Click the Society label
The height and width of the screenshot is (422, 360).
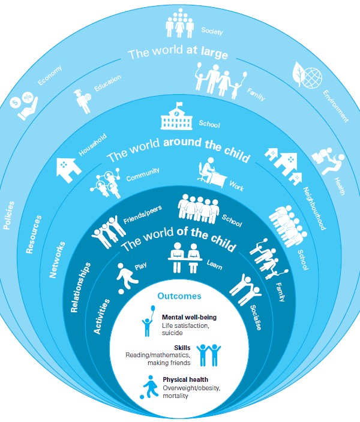[212, 31]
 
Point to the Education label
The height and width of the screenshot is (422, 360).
[107, 85]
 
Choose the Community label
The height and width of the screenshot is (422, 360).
[143, 174]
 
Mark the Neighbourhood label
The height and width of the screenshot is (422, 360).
[314, 207]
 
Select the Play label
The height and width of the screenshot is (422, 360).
[140, 267]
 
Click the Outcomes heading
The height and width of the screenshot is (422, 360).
[179, 296]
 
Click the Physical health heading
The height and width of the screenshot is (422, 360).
[185, 379]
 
